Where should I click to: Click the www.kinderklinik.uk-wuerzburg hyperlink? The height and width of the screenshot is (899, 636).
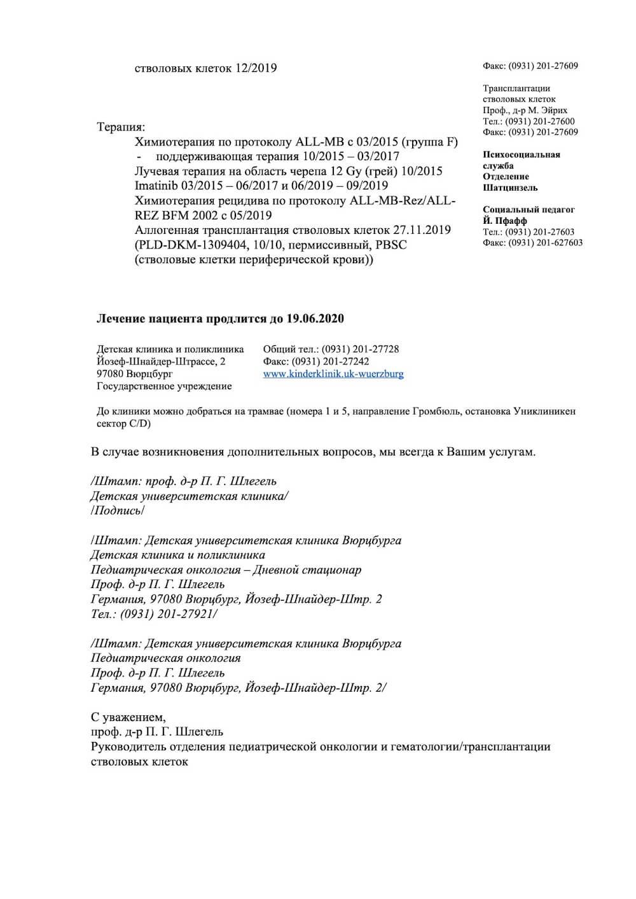click(333, 374)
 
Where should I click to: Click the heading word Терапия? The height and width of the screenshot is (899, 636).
click(121, 127)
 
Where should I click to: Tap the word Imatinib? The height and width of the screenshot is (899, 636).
click(156, 186)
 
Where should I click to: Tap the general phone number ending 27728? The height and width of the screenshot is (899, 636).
click(360, 349)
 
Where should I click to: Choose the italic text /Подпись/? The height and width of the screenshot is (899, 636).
click(118, 511)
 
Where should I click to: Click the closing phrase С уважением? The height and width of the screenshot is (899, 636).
click(128, 717)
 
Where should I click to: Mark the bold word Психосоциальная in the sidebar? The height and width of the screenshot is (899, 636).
click(521, 154)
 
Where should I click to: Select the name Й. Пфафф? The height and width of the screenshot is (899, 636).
click(504, 221)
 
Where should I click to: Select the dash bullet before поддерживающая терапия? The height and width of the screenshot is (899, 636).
click(138, 156)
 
